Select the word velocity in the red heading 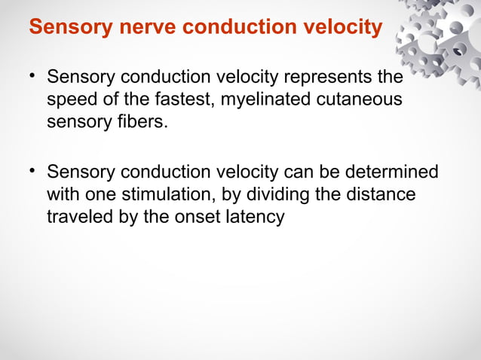[x=339, y=28]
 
